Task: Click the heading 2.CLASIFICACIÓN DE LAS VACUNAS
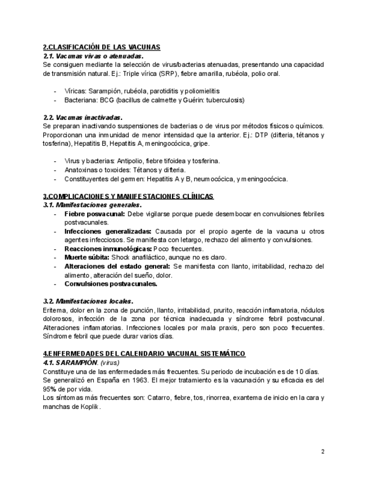tap(102, 47)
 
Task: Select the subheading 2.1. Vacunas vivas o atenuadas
tap(93, 56)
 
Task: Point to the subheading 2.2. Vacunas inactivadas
tap(83, 118)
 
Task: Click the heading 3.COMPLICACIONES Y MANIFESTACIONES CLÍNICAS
tap(128, 196)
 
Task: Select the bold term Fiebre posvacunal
tap(94, 214)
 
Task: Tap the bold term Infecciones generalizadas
tap(108, 231)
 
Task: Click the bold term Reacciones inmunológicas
tap(107, 249)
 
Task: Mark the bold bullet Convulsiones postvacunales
tap(111, 283)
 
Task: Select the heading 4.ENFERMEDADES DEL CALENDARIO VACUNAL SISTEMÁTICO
tap(144, 354)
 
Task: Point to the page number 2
tap(322, 451)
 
